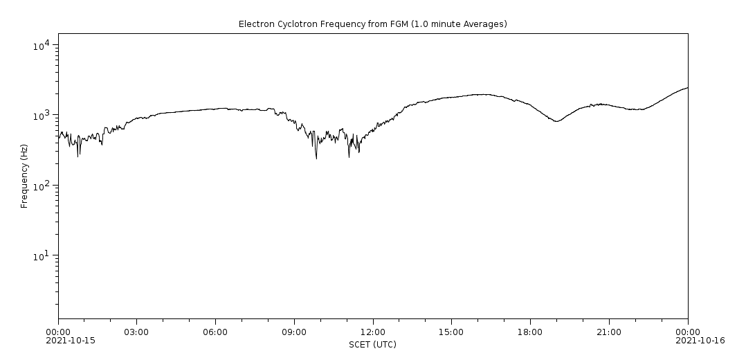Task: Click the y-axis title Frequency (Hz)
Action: click(x=24, y=176)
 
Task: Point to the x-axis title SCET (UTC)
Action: click(x=372, y=344)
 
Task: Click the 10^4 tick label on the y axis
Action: click(x=41, y=46)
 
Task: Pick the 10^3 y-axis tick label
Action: click(x=41, y=116)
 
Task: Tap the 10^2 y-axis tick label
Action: click(x=41, y=186)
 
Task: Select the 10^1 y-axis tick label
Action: click(x=41, y=257)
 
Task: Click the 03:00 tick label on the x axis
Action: click(x=137, y=332)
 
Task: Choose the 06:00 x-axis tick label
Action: click(x=215, y=332)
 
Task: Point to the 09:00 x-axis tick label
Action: click(x=294, y=332)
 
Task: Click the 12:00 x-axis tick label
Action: click(x=373, y=332)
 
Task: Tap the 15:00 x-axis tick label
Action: click(x=451, y=332)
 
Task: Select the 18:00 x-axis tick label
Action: click(x=530, y=332)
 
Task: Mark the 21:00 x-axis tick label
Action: click(x=609, y=332)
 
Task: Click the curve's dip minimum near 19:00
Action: click(x=556, y=121)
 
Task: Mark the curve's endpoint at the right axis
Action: click(x=687, y=88)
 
